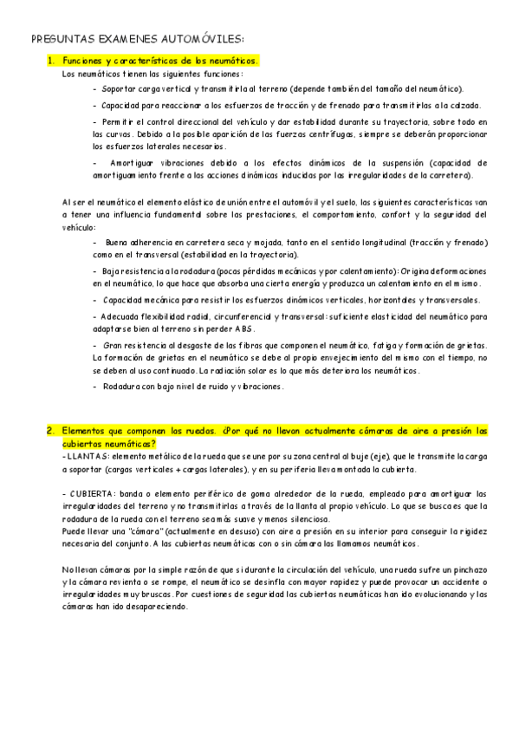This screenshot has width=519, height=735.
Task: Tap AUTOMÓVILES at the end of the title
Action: coord(200,38)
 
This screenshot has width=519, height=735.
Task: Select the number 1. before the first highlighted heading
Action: coord(51,61)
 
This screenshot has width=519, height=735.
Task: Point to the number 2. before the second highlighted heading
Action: coord(51,431)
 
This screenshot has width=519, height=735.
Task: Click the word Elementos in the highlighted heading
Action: coord(88,431)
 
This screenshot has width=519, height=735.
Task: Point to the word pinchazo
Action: coord(469,569)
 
